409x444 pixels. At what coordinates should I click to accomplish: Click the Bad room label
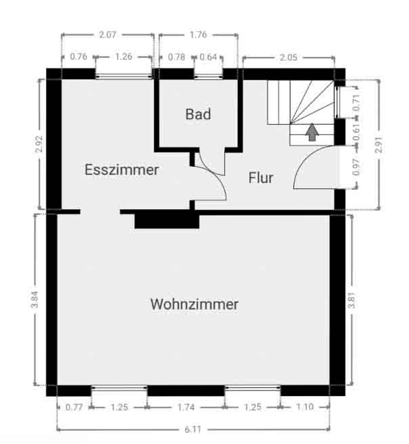pos(198,114)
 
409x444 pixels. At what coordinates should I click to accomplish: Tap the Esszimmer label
pos(122,170)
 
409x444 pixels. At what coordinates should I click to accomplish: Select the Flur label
pos(261,178)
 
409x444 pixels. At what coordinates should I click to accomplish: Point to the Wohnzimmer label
pos(194,305)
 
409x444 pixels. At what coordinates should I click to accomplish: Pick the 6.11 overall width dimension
pos(193,430)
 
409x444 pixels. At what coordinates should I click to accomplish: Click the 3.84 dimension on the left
pos(35,300)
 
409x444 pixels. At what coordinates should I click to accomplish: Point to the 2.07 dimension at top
pos(108,35)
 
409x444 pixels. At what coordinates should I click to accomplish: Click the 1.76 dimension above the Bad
pos(198,35)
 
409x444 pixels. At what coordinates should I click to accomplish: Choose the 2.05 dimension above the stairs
pos(288,57)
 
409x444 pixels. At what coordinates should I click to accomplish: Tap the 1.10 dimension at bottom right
pos(305,407)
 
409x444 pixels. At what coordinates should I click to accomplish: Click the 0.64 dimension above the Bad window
pos(208,57)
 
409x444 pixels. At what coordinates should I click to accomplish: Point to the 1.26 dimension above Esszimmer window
pos(124,57)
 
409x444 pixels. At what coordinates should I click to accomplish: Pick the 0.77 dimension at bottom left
pos(74,407)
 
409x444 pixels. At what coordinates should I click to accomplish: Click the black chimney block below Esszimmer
pos(167,221)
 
